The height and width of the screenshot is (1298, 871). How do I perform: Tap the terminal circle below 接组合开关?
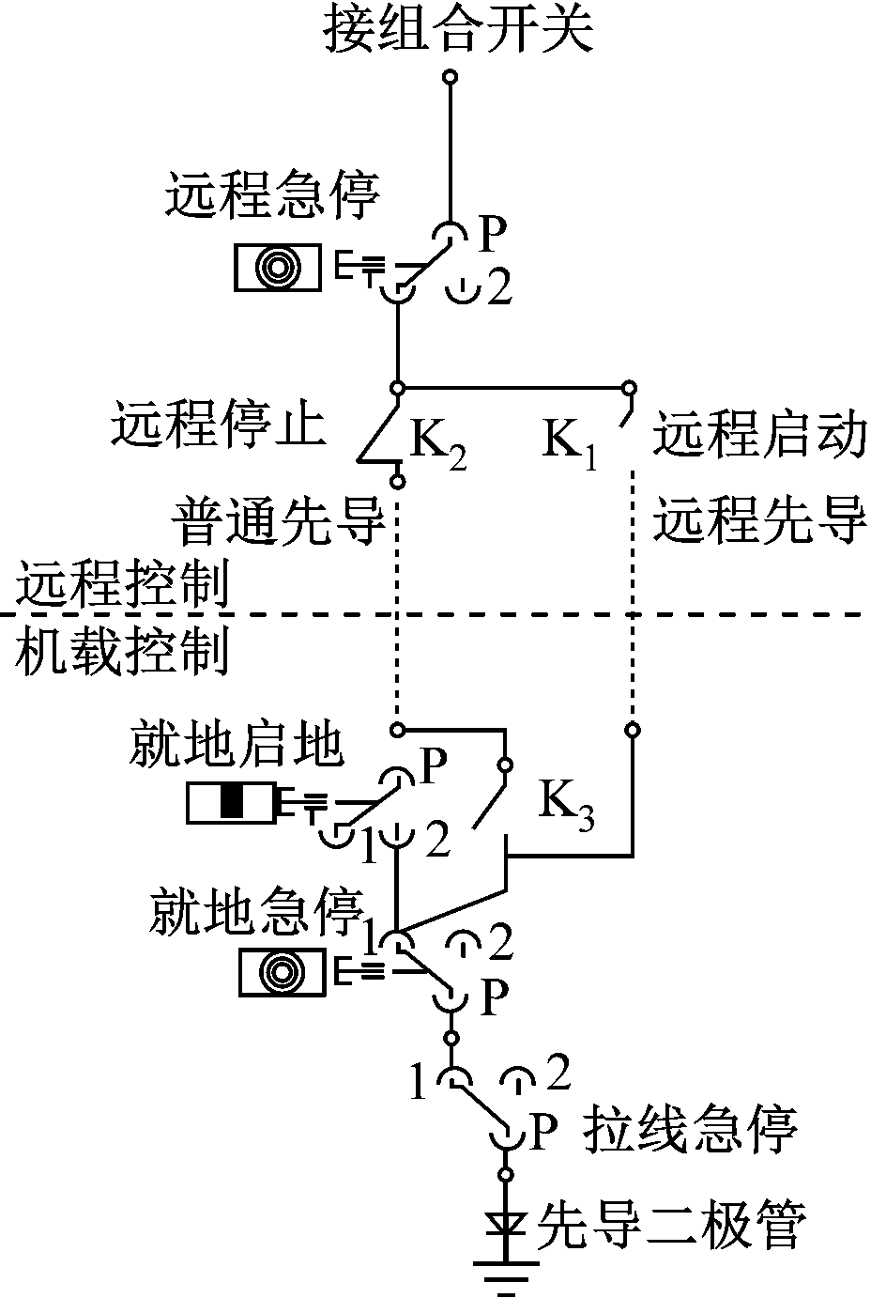(x=451, y=75)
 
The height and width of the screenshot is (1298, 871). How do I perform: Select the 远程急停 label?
(x=272, y=195)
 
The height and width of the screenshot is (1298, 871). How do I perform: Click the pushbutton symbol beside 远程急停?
(x=278, y=268)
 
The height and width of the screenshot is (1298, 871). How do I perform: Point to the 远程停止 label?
(x=220, y=425)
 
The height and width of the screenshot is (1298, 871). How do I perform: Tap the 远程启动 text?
(x=758, y=434)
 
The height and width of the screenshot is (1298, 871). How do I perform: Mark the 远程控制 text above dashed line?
(x=122, y=586)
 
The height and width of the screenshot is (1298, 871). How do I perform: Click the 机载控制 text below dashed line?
(x=122, y=650)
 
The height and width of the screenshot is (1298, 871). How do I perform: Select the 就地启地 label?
(x=235, y=745)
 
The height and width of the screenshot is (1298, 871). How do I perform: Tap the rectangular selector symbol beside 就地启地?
(x=231, y=801)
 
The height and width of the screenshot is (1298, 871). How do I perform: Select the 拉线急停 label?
(x=690, y=1128)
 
